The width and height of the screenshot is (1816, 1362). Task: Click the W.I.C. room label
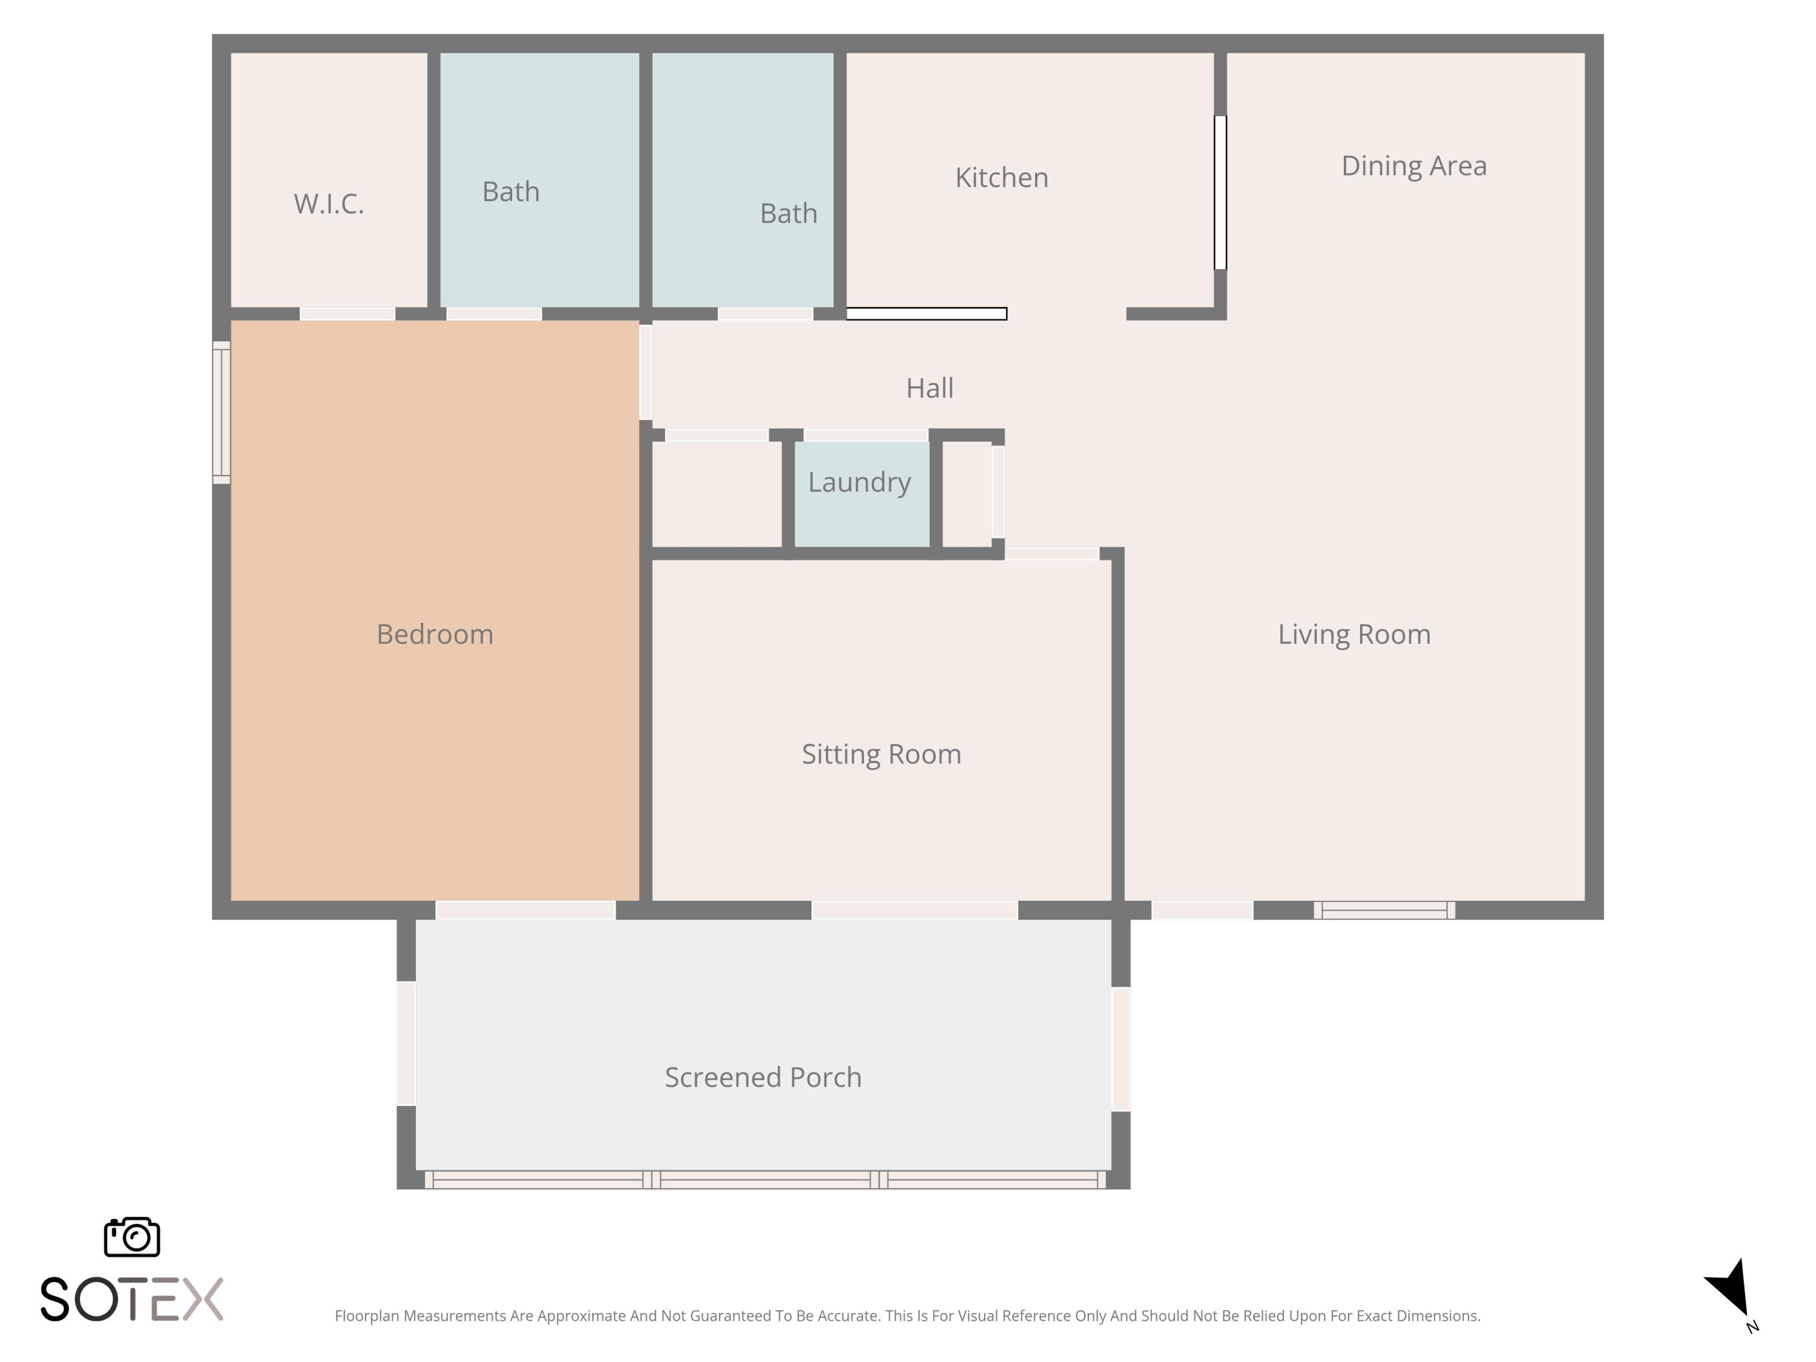coord(328,203)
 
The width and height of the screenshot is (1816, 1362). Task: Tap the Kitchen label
coord(1002,177)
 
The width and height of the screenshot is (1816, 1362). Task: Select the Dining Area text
coord(1413,166)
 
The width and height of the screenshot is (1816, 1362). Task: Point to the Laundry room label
coord(860,482)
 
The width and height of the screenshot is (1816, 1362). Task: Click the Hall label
coord(929,387)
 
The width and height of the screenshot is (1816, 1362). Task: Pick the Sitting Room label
coord(881,754)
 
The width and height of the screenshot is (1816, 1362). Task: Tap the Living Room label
coord(1354,634)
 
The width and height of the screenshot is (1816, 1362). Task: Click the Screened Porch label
coord(763,1077)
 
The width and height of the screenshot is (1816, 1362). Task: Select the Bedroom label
coord(434,634)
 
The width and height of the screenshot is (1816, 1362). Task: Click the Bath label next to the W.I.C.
coord(511,191)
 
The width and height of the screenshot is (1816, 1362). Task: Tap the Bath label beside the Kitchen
coord(788,214)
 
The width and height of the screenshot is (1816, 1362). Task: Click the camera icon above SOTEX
coord(132,1237)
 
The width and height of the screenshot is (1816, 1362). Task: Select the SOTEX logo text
coord(131,1299)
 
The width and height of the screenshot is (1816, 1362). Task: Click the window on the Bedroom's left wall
coord(221,412)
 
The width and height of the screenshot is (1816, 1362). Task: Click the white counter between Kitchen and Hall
coord(926,314)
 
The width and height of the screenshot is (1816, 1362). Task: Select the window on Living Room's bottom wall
coord(1384,910)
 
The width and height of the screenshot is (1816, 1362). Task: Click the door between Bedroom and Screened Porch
coord(525,910)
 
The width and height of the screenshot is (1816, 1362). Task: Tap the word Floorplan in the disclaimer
coord(366,1316)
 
